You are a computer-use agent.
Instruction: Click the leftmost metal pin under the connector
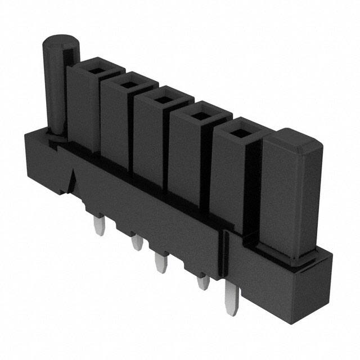pyautogui.click(x=97, y=227)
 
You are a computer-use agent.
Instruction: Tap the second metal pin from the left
pyautogui.click(x=135, y=243)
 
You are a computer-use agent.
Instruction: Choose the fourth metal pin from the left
pyautogui.click(x=200, y=281)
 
